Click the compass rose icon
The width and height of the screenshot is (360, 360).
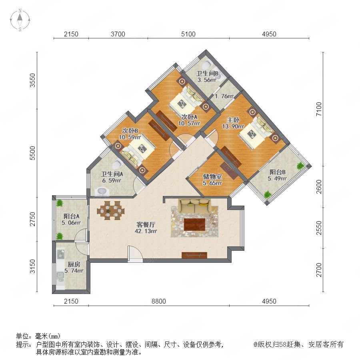(x=20, y=20)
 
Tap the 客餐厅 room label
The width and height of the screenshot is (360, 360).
(x=146, y=224)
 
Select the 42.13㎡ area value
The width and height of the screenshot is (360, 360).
(x=146, y=231)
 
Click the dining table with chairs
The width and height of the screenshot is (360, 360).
(x=111, y=210)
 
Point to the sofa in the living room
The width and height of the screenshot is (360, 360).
(x=195, y=206)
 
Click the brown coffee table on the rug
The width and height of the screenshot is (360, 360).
(x=194, y=224)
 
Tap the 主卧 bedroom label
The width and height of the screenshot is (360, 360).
(x=233, y=120)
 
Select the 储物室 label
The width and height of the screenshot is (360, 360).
(x=212, y=176)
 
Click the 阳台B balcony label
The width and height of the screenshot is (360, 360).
(x=277, y=172)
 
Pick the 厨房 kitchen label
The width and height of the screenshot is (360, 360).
(x=74, y=264)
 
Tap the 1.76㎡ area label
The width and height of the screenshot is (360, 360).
(x=224, y=96)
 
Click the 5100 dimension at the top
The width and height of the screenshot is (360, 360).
(x=188, y=34)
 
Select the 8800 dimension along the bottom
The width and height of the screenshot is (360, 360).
(x=159, y=301)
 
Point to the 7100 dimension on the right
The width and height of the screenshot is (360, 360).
(x=319, y=109)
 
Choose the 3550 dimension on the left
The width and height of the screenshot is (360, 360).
(x=33, y=80)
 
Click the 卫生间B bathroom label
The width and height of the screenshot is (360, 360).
(x=207, y=74)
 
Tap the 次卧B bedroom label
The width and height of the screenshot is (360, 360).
(x=130, y=131)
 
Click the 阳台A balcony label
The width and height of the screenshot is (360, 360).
(x=72, y=216)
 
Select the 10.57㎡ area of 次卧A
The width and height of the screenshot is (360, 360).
(x=189, y=123)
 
